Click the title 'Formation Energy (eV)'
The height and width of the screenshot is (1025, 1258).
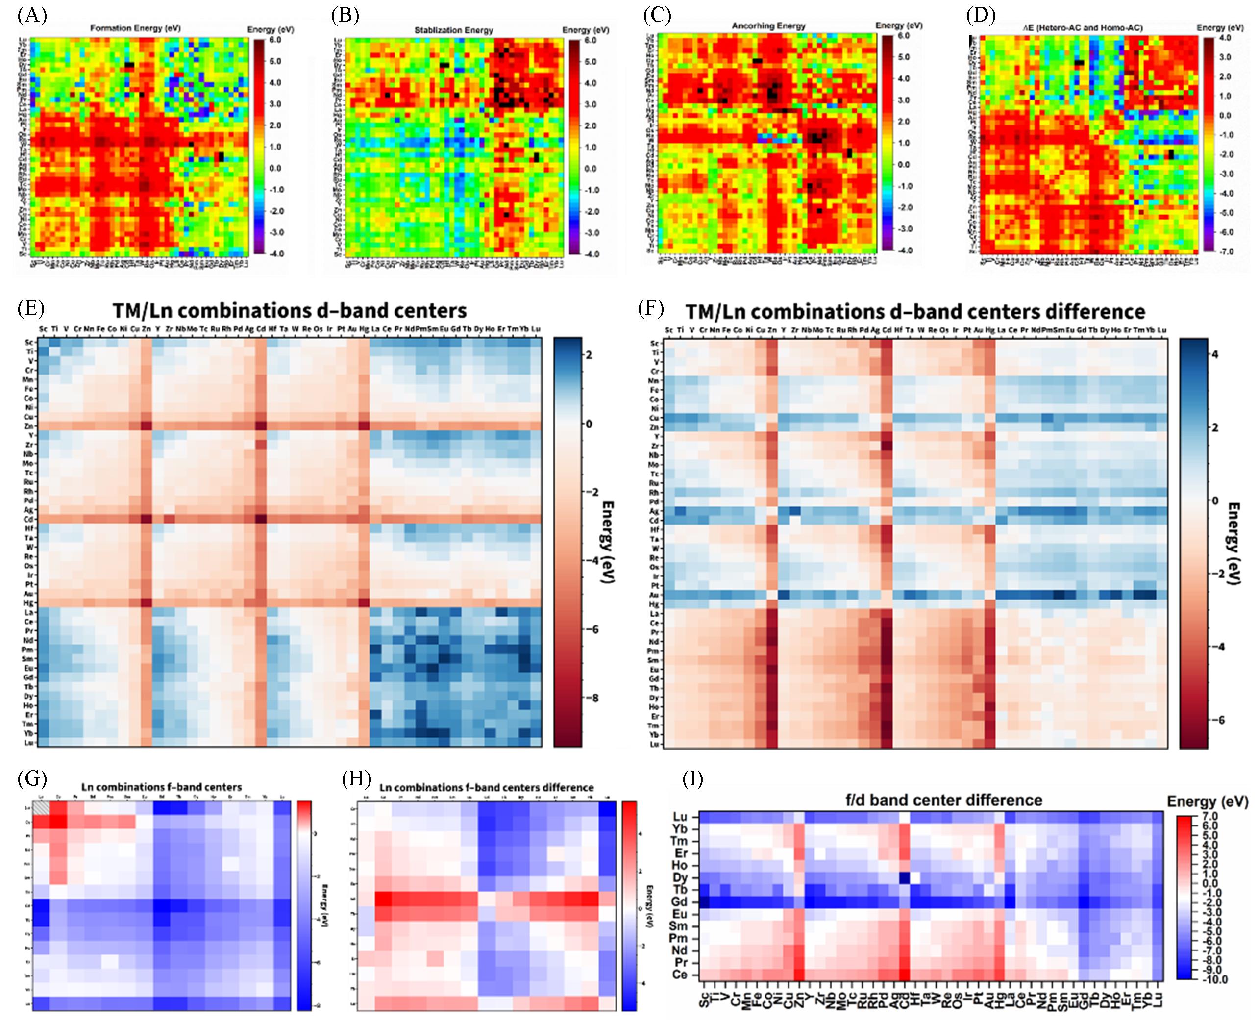pos(135,28)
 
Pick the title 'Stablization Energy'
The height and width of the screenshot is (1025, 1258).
pos(453,29)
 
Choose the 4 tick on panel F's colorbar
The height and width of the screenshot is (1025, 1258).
pos(1214,354)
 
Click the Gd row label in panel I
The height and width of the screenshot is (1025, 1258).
pos(679,901)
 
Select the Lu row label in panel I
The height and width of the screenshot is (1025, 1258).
pos(680,817)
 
